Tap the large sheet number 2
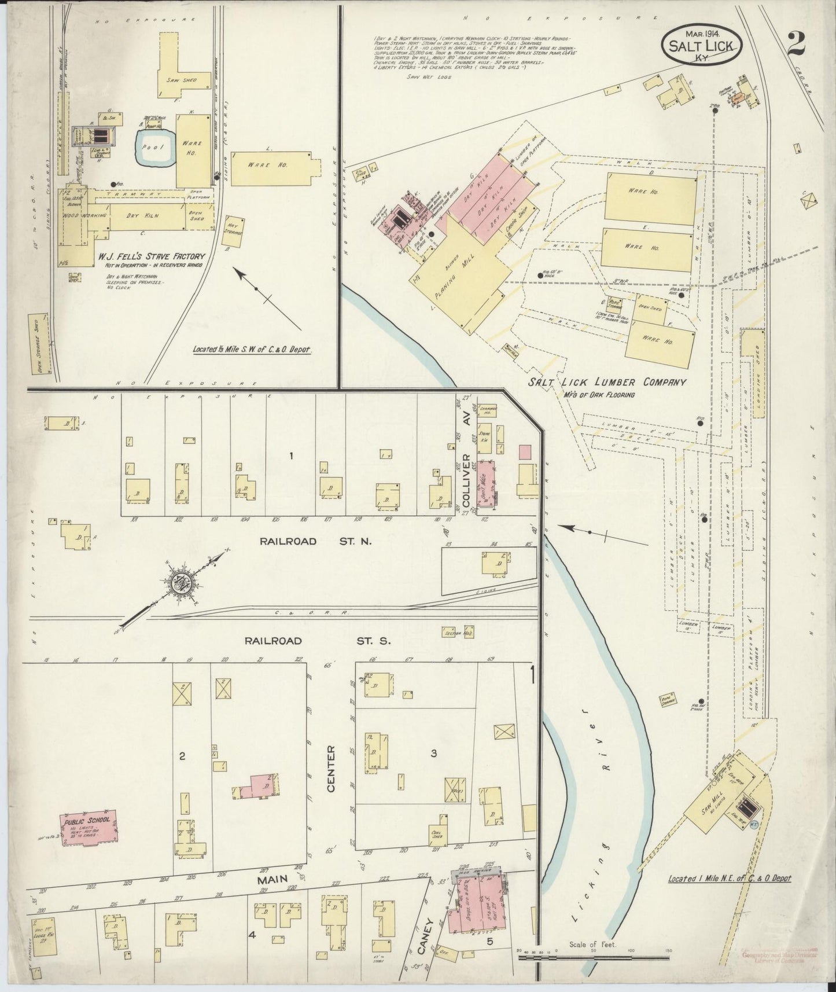tap(797, 43)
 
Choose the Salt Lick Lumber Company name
tap(606, 383)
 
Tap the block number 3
tap(433, 753)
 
